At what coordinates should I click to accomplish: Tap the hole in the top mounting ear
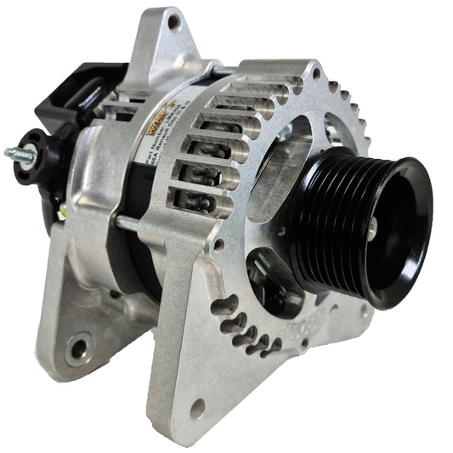click(x=174, y=24)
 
